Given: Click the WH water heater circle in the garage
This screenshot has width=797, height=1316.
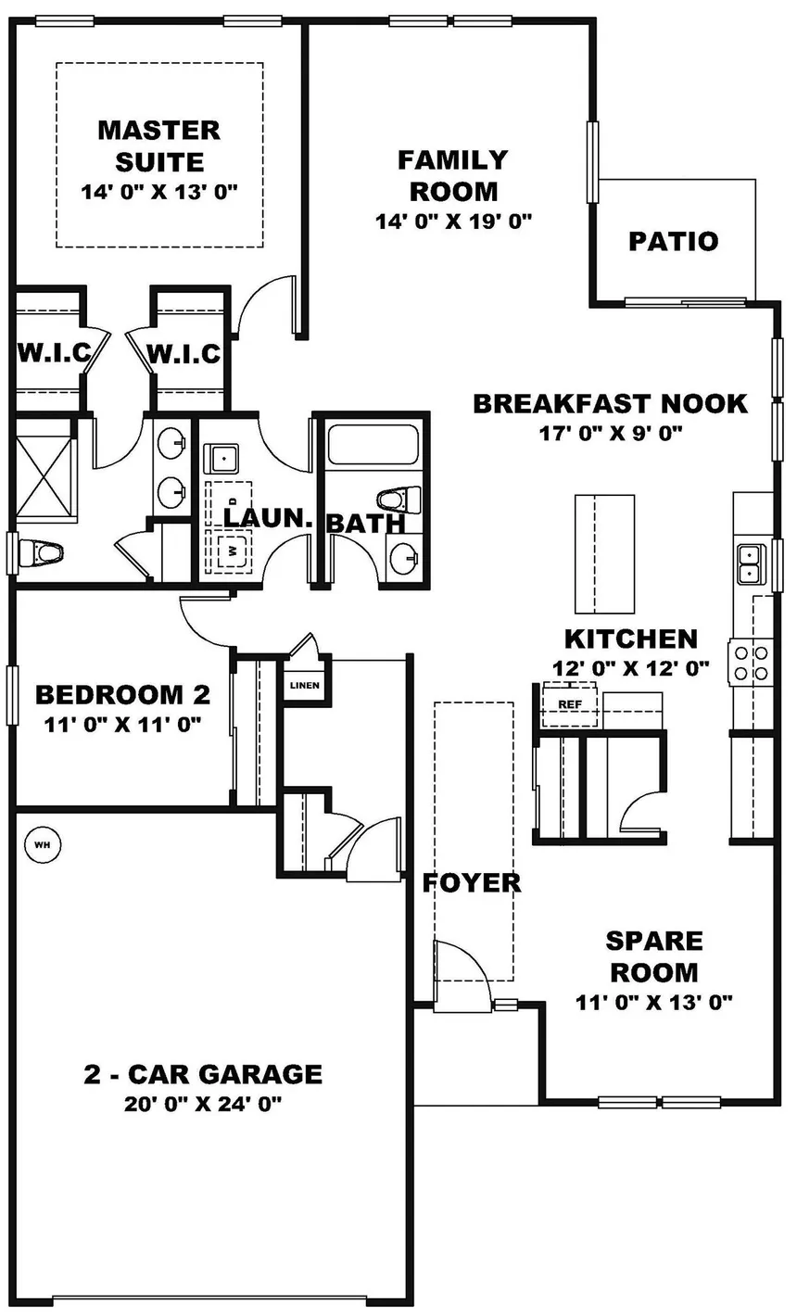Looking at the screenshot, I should click(41, 844).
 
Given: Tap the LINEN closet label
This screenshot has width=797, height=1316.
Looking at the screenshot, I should click(304, 686).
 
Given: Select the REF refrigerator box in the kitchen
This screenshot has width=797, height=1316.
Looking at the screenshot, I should click(568, 704).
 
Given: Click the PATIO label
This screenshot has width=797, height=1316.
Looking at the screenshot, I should click(673, 242).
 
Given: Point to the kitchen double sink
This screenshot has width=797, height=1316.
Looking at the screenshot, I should click(750, 563).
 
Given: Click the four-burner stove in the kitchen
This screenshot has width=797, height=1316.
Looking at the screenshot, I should click(750, 662).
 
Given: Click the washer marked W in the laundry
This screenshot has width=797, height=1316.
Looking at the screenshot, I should click(233, 549).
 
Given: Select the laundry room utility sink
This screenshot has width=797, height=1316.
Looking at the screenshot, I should click(222, 458).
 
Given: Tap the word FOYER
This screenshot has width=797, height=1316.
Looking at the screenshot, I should click(471, 882).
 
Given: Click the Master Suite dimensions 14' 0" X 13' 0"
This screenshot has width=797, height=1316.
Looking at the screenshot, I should click(159, 192).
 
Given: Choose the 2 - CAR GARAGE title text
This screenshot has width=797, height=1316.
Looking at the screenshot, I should click(203, 1074).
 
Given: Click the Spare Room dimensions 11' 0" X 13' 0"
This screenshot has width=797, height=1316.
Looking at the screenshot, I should click(653, 1001).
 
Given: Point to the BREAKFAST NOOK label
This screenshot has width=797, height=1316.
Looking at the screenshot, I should click(610, 404).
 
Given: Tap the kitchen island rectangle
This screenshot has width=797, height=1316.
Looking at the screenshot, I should click(604, 553).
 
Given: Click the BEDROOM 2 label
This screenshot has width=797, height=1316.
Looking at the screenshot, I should click(122, 694).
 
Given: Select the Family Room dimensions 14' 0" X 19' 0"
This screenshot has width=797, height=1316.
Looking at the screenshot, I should click(452, 221).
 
